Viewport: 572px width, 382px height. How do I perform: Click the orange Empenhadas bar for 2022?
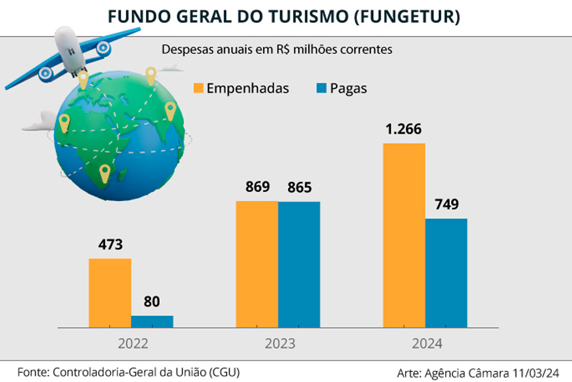pyautogui.click(x=110, y=293)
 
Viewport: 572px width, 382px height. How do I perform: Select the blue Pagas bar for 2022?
pyautogui.click(x=152, y=321)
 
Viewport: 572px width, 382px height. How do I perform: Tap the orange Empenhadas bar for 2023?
pyautogui.click(x=257, y=263)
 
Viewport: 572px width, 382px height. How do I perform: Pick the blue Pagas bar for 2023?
pyautogui.click(x=299, y=264)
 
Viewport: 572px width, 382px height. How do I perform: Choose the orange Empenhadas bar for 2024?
pyautogui.click(x=404, y=235)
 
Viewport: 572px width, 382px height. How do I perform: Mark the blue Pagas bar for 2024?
pyautogui.click(x=446, y=272)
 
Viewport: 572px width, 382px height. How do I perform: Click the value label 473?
pyautogui.click(x=109, y=245)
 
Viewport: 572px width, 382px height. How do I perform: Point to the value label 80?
pyautogui.click(x=151, y=302)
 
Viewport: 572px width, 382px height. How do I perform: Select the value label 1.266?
pyautogui.click(x=403, y=129)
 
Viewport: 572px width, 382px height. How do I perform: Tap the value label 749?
pyautogui.click(x=446, y=205)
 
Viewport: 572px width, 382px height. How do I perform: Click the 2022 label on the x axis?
pyautogui.click(x=133, y=343)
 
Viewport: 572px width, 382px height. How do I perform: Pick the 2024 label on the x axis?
pyautogui.click(x=427, y=343)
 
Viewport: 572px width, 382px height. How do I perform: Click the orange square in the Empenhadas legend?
pyautogui.click(x=198, y=88)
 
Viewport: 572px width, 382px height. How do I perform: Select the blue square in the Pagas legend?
pyautogui.click(x=321, y=88)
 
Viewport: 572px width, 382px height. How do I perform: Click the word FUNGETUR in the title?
pyautogui.click(x=407, y=17)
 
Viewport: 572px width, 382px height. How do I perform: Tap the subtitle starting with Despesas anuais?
pyautogui.click(x=277, y=49)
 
